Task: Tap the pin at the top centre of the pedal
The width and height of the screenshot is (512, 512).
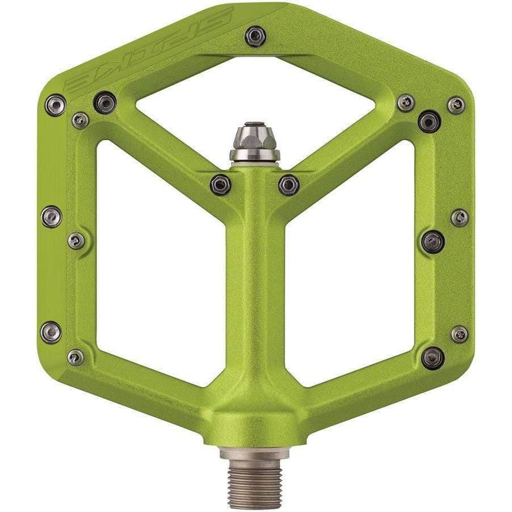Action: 255,37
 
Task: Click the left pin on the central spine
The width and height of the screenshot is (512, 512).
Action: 220,184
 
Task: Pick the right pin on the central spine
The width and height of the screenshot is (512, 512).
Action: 289,184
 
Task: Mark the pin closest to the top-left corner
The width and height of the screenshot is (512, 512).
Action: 55,104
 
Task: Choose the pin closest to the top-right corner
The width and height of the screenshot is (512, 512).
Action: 456,104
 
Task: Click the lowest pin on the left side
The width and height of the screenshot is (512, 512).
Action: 75,357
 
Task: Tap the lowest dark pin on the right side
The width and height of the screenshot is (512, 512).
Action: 433,357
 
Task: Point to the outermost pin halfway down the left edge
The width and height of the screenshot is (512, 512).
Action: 51,216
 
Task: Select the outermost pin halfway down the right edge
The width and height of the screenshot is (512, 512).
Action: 459,217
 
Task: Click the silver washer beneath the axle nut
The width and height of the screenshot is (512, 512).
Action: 254,154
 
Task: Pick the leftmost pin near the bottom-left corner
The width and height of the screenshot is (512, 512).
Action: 51,332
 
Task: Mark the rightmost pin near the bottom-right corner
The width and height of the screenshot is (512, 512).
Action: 459,334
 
